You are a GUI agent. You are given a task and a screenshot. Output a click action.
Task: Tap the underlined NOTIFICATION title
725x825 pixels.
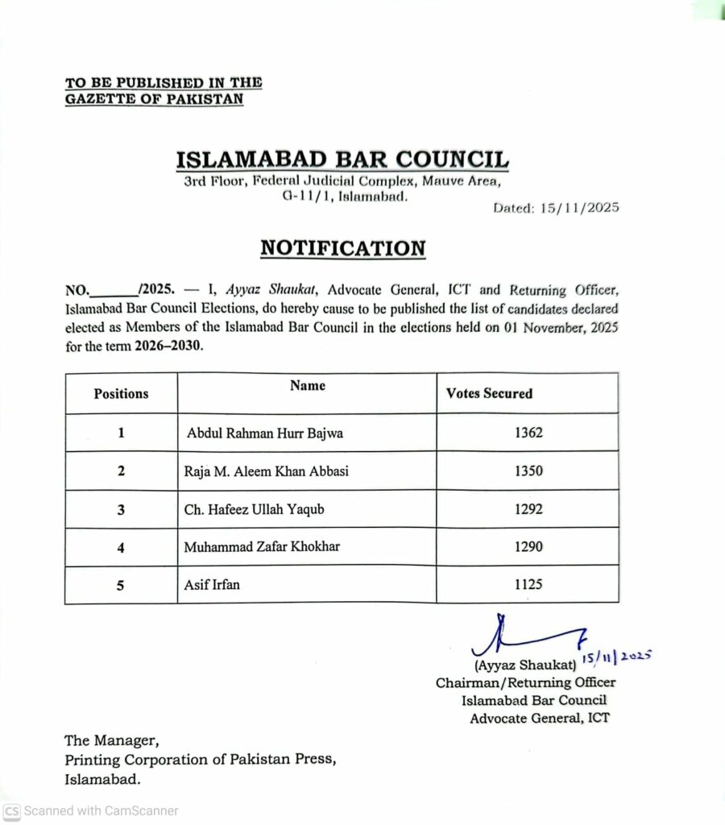[342, 248]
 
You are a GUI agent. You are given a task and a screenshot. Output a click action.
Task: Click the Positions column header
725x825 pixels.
[121, 394]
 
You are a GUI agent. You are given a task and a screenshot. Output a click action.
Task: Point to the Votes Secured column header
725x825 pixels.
[489, 394]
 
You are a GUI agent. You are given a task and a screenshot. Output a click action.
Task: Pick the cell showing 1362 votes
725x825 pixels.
[528, 433]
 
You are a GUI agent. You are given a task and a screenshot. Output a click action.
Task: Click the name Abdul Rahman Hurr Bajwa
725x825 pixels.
[265, 433]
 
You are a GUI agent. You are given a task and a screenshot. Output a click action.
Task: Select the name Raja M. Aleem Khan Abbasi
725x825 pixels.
[267, 471]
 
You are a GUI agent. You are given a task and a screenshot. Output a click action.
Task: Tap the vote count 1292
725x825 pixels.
[528, 509]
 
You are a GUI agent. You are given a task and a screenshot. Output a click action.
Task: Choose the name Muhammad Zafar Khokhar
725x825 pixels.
[262, 547]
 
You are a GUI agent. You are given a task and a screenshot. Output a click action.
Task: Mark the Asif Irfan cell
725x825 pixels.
[213, 585]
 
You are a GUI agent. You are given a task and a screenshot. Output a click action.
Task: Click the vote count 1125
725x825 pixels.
[528, 585]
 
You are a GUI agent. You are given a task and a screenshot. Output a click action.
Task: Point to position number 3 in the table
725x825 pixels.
[121, 509]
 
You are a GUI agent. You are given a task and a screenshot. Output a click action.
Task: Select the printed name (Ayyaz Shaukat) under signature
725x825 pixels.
[525, 666]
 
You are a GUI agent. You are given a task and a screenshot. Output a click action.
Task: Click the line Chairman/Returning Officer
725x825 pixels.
[526, 683]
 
